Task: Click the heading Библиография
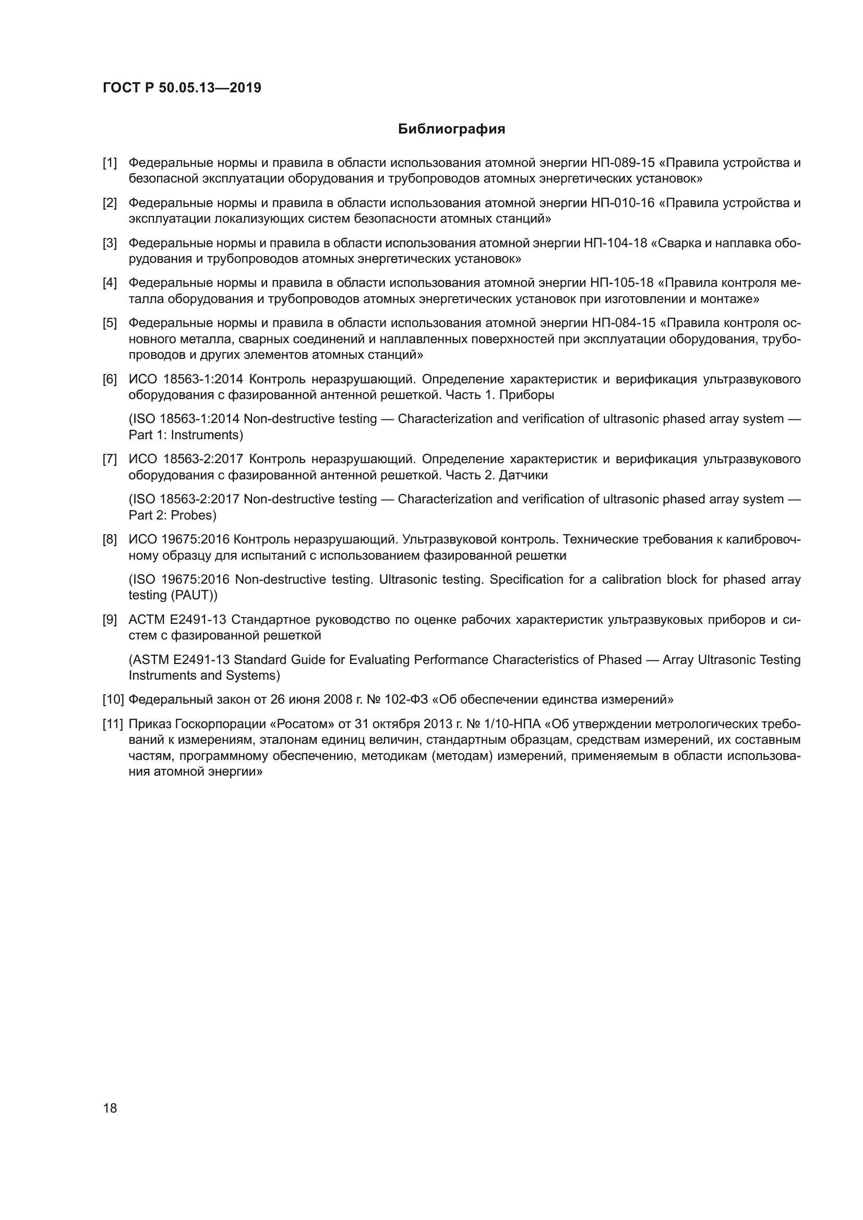point(451,129)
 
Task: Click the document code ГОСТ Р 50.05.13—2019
point(182,88)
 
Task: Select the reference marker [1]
point(110,163)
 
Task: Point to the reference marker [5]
point(110,323)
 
